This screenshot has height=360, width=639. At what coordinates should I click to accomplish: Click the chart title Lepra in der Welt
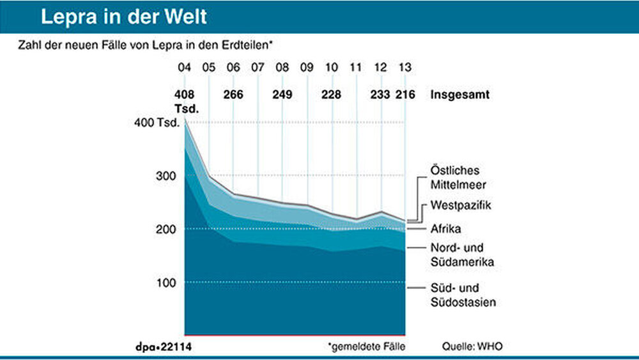click(x=123, y=17)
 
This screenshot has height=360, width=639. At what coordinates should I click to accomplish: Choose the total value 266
click(x=233, y=95)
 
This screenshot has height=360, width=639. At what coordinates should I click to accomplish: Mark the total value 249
click(x=282, y=95)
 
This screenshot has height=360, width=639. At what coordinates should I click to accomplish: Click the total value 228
click(x=331, y=95)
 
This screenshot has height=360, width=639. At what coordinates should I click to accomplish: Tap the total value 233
click(x=381, y=95)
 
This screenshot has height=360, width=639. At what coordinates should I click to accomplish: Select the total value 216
click(x=405, y=95)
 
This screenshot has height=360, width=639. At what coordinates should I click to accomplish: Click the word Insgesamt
click(x=459, y=95)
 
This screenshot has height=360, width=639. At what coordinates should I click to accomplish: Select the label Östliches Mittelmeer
click(x=455, y=177)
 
